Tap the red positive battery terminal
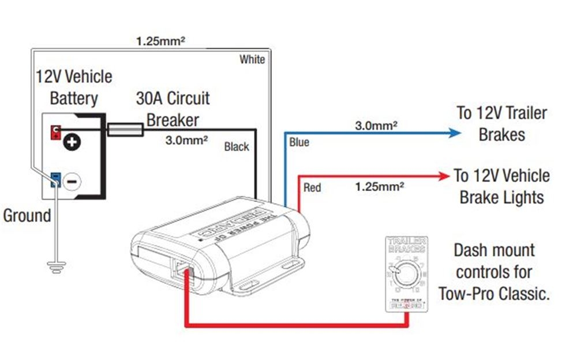[55, 131]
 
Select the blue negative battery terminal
[55, 179]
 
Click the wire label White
[252, 59]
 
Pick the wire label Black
[237, 147]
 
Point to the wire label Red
[312, 187]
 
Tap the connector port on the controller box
[182, 268]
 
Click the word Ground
[27, 216]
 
